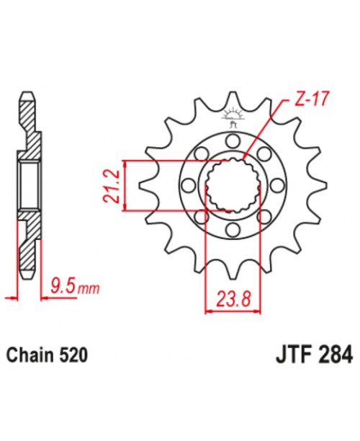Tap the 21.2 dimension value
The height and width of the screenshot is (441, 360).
tap(112, 186)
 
